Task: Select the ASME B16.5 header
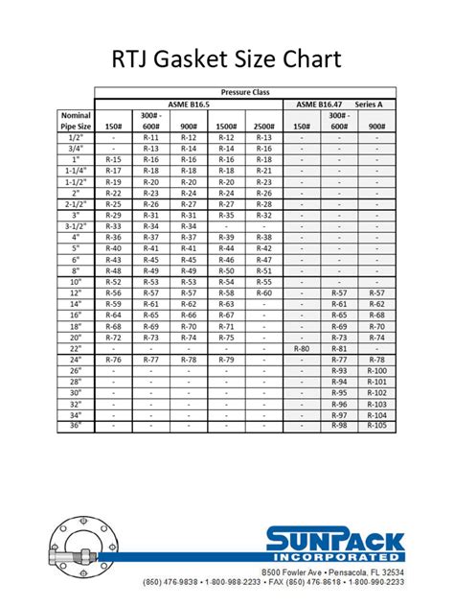[190, 103]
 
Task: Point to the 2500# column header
[264, 126]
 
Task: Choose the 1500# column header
[226, 126]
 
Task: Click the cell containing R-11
[150, 137]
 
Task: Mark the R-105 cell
[376, 425]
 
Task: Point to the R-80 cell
[302, 348]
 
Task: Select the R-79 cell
[226, 359]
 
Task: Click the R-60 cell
[264, 292]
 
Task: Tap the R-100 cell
[376, 370]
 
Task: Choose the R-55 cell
[264, 282]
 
